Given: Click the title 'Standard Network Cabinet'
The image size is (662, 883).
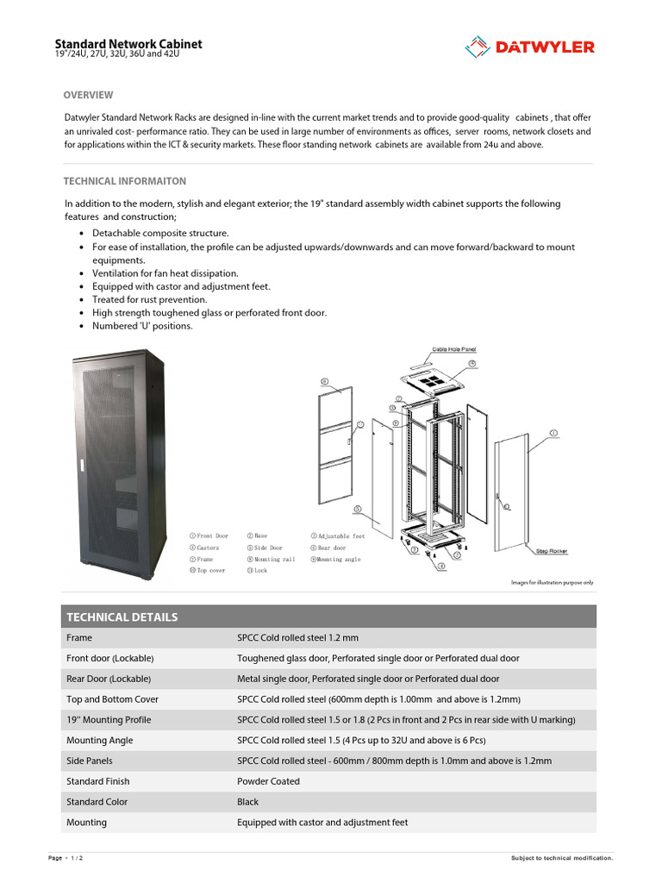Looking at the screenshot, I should point(128,44).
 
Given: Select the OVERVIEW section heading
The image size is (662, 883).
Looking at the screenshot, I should point(88,95).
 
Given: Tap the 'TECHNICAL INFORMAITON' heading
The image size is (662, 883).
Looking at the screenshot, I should point(124,181).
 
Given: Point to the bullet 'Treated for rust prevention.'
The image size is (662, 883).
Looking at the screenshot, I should point(150,299).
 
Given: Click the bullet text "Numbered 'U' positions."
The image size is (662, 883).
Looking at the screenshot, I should point(142,326).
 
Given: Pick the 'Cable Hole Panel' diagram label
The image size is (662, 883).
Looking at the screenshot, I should point(453,349).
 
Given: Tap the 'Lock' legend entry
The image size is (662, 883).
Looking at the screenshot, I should point(258,570).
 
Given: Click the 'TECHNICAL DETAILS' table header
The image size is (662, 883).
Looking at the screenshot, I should point(122,617).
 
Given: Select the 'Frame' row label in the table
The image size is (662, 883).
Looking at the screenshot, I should point(79,638).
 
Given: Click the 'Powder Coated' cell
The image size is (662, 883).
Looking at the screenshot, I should point(268,781).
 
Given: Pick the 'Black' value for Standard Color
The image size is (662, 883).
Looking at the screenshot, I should point(249,802).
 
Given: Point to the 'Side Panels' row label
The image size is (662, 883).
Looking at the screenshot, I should point(90,761).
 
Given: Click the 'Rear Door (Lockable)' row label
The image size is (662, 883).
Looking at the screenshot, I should point(109,679).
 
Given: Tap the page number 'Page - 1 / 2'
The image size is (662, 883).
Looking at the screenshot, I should point(66,858).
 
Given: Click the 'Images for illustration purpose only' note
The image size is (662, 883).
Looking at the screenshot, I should point(553,582).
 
